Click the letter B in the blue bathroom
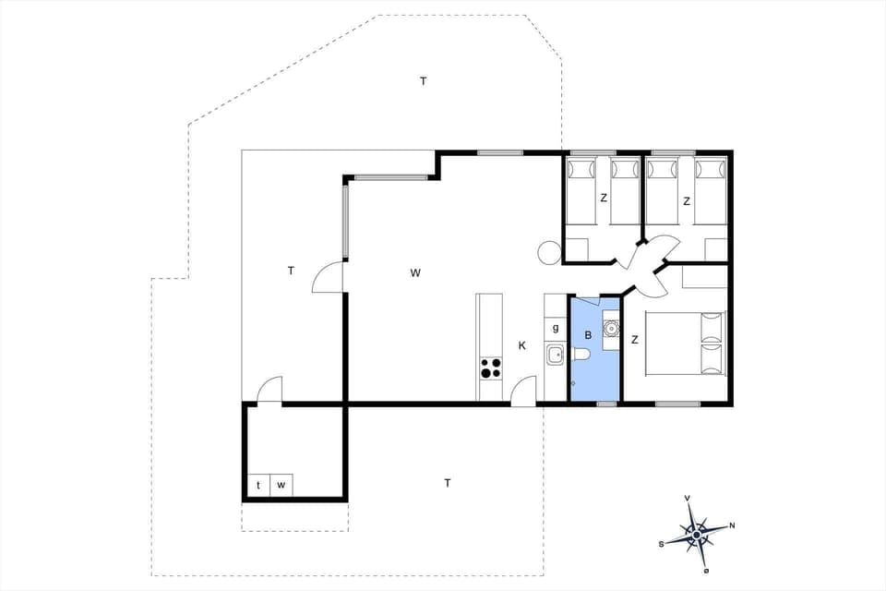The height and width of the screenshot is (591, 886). [x=587, y=334]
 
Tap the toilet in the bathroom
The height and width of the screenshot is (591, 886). [x=581, y=356]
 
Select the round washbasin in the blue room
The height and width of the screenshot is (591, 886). [x=610, y=327]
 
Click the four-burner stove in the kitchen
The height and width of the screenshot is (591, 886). [x=490, y=368]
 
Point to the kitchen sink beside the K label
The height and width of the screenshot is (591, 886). [x=555, y=354]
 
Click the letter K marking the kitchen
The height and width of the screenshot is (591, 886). [x=521, y=345]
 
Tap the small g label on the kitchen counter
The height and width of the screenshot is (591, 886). [x=555, y=327]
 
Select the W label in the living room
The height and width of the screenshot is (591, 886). [x=415, y=272]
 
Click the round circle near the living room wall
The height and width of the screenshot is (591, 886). [x=548, y=251]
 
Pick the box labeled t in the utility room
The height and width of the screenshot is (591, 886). [x=258, y=485]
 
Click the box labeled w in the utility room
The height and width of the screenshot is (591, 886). [x=282, y=485]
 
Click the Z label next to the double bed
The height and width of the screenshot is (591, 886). [x=634, y=340]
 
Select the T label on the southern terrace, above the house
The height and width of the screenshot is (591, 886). [x=424, y=81]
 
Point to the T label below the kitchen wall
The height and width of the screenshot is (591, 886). [x=448, y=482]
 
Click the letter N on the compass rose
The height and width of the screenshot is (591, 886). [x=732, y=525]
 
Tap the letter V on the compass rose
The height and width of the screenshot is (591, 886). [x=688, y=499]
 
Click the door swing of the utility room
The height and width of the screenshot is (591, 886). [x=269, y=392]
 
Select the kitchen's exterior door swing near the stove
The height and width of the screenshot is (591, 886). [x=523, y=392]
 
